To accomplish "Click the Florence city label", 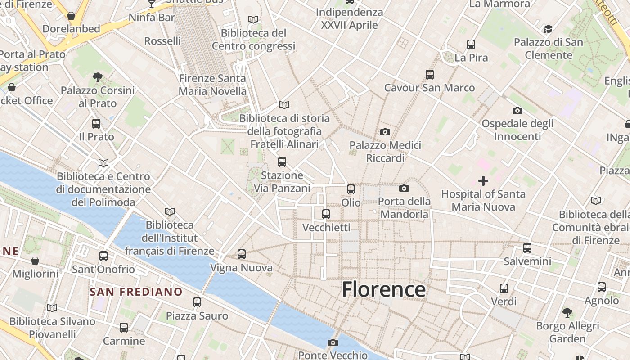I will [383, 289].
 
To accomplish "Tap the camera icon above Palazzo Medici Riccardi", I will [385, 132].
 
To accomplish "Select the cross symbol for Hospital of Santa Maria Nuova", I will [483, 181].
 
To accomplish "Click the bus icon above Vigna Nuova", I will [242, 254].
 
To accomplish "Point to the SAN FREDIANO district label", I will [136, 292].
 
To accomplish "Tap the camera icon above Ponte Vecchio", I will [333, 343].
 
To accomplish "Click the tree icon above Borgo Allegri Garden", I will [567, 312].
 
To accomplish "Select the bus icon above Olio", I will [351, 189].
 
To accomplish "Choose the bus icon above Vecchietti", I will [326, 214].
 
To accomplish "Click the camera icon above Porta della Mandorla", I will [404, 188].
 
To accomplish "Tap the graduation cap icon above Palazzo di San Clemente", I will [548, 29].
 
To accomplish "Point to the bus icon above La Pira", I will [471, 45].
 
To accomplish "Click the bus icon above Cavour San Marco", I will [430, 74].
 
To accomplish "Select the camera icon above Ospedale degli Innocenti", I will [517, 110].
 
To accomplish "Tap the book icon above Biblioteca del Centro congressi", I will [253, 20].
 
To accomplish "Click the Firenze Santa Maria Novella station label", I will [212, 85].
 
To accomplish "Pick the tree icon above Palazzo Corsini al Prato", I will [97, 77].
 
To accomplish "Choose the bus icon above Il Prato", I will [96, 124].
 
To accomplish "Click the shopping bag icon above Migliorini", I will [35, 261].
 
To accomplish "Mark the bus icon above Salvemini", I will [527, 248].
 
